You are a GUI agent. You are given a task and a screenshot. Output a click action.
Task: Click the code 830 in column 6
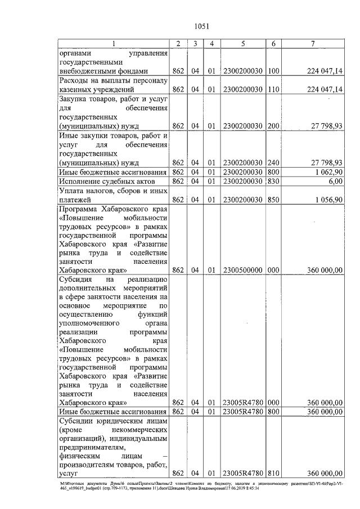273,182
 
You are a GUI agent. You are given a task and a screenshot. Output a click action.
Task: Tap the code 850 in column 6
273,199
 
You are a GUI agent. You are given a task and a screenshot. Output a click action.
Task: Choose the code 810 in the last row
273,474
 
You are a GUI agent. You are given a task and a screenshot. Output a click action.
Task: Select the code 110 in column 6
273,89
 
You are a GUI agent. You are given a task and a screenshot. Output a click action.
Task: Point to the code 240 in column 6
273,162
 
